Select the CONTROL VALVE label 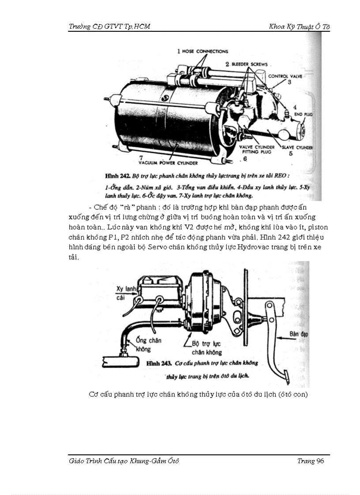[285, 76]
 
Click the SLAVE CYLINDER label [297, 148]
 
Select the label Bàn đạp [299, 334]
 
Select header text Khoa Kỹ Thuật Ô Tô [299, 26]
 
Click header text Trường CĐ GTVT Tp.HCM [109, 26]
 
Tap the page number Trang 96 [311, 461]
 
